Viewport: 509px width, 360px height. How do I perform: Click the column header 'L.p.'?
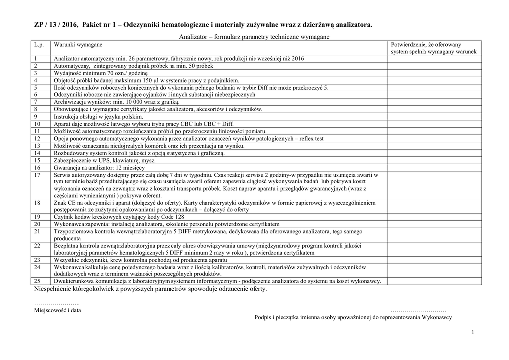coord(39,45)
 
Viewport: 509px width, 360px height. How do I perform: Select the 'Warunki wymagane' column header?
coord(76,45)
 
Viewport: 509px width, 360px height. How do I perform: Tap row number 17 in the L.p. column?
coord(38,175)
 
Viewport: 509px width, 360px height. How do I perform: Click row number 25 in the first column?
coord(38,281)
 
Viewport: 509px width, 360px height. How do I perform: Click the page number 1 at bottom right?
coord(473,332)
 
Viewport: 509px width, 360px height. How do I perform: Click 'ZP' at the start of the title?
coord(38,25)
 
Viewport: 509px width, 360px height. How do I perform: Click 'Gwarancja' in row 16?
coord(68,168)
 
